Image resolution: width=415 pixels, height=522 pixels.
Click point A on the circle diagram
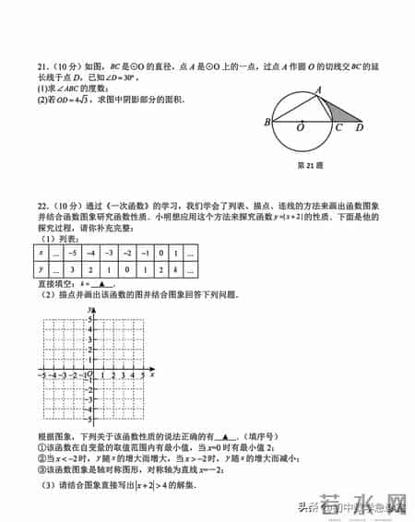pos(319,90)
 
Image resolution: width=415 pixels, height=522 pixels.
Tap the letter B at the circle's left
pos(267,123)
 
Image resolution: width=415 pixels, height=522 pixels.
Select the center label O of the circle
pos(301,130)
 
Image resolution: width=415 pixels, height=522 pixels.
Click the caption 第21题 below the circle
pos(306,166)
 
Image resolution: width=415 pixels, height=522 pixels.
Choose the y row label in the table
pos(41,268)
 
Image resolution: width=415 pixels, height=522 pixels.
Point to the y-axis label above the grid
pos(89,310)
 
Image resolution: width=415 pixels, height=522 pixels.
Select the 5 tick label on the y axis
pos(89,319)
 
